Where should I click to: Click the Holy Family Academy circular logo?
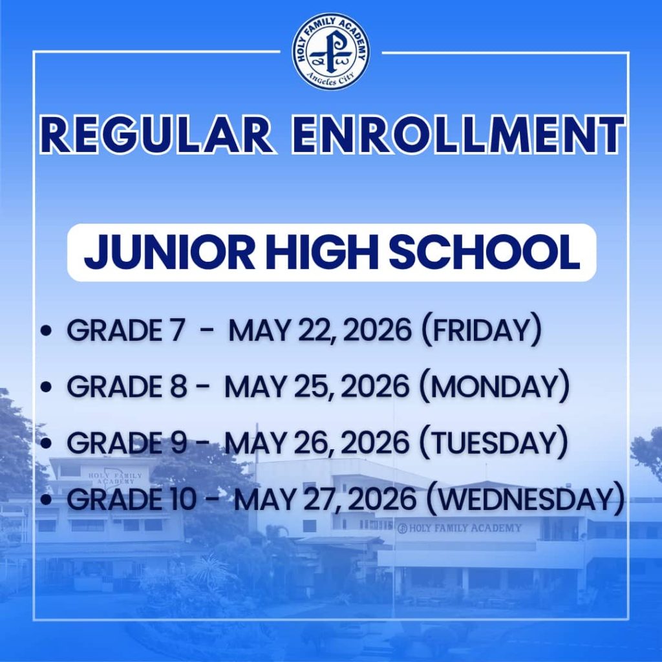331,51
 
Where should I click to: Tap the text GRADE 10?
126,499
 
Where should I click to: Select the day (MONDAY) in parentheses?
494,387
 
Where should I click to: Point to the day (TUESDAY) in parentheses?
493,443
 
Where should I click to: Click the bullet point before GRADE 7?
46,332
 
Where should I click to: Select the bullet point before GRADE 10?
46,500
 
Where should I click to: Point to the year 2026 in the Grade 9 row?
374,443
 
